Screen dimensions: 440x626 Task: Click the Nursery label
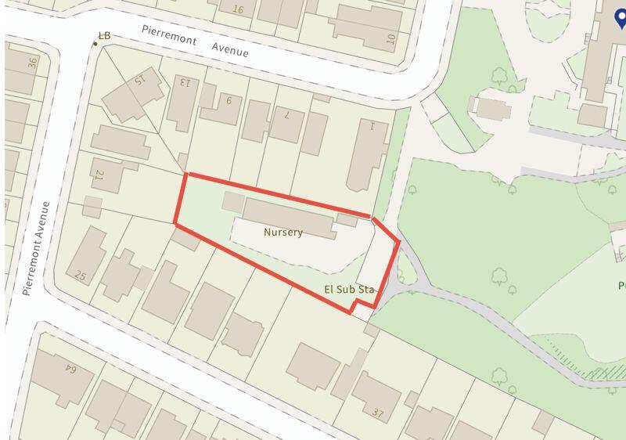[282, 233]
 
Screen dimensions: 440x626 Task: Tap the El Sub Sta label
[350, 290]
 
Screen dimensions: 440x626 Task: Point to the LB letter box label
[104, 35]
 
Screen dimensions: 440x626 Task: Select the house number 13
[185, 81]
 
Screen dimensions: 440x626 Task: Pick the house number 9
[228, 99]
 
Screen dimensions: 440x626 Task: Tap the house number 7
[287, 115]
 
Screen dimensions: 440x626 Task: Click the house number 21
[99, 174]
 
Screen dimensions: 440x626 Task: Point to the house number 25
[80, 275]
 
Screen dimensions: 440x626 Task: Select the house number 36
[33, 63]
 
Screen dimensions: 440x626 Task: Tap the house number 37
[379, 413]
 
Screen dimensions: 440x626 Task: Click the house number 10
[390, 37]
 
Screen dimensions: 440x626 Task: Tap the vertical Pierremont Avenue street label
[38, 248]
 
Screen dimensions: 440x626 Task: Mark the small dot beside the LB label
[95, 43]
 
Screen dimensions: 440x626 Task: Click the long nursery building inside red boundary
[288, 216]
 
